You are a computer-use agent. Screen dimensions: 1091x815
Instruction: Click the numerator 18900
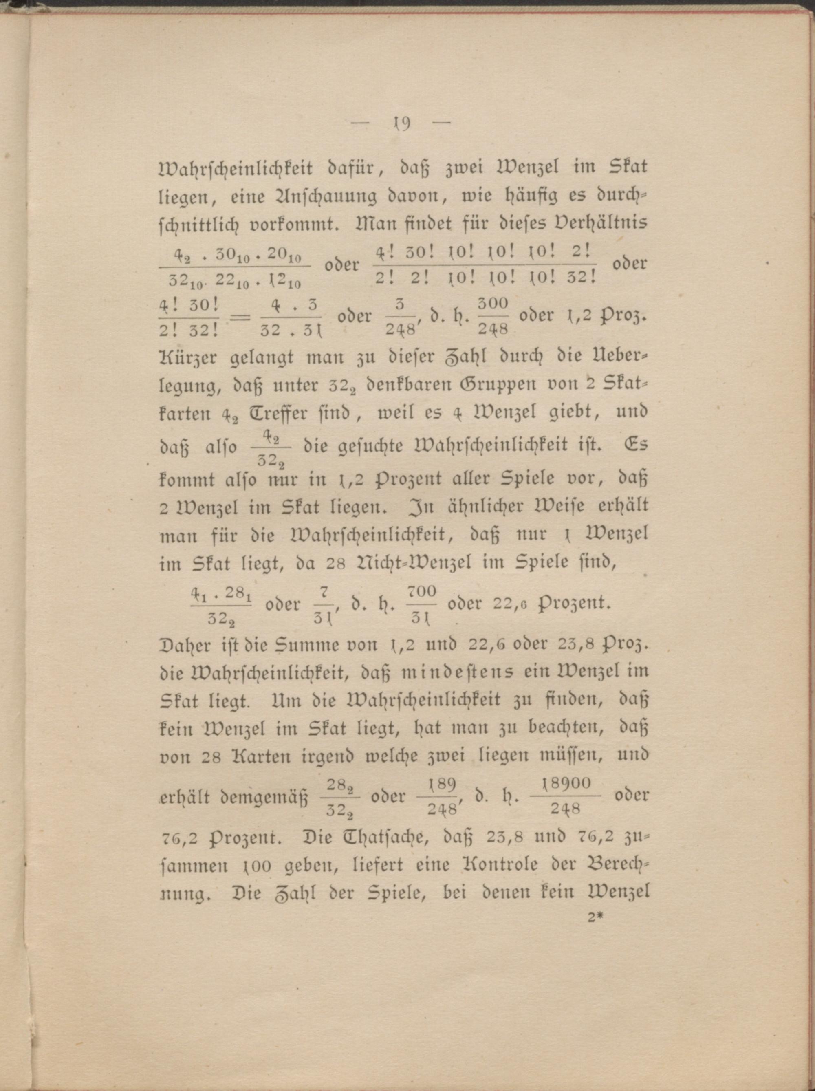(565, 784)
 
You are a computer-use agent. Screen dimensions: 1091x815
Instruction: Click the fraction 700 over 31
(423, 605)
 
